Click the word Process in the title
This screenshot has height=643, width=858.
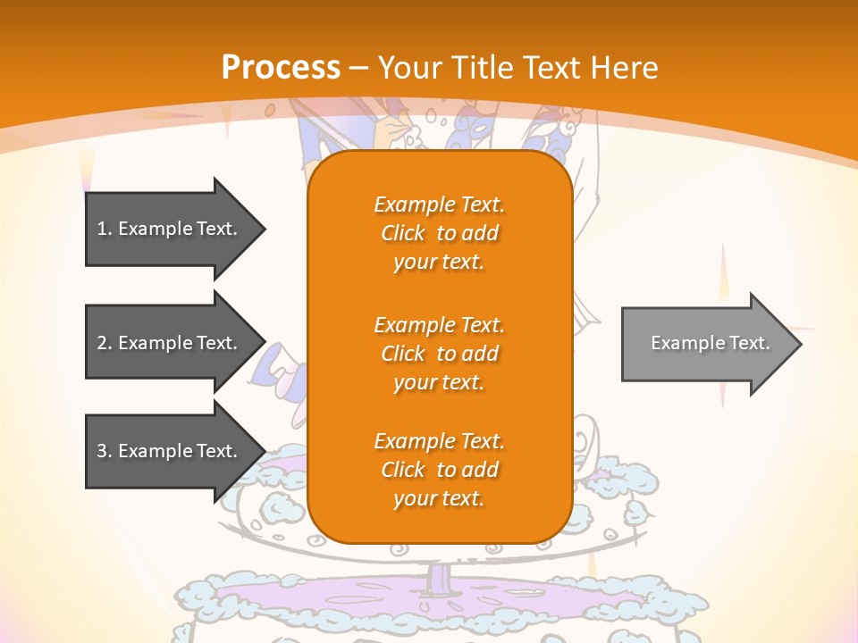click(281, 68)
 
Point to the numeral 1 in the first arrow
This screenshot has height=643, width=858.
click(102, 229)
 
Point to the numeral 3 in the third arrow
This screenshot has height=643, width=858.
click(102, 451)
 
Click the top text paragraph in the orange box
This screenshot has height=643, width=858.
click(439, 233)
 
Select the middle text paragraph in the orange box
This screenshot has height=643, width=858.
click(439, 354)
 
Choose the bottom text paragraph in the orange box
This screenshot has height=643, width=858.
click(439, 470)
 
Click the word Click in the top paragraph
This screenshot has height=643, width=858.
click(403, 233)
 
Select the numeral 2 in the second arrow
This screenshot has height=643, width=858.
click(102, 343)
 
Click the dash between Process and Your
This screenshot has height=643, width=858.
click(359, 68)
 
